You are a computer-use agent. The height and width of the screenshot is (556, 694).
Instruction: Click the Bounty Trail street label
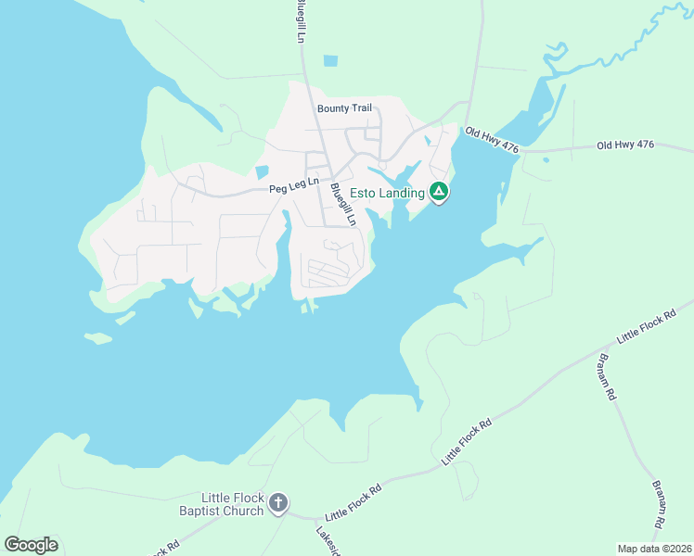pos(344,108)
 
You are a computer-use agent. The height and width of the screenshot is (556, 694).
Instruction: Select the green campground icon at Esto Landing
pos(440,193)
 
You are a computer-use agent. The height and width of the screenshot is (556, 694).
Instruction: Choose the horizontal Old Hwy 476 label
pos(626,145)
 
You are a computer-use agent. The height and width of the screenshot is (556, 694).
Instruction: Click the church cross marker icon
pos(277,504)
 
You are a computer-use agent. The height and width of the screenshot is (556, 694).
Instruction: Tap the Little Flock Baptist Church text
pos(220,504)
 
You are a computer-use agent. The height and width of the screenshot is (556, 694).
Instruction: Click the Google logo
pos(31,544)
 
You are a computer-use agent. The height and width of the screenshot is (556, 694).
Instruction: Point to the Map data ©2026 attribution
pos(653,549)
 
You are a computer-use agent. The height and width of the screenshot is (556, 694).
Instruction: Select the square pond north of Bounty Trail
pos(330,62)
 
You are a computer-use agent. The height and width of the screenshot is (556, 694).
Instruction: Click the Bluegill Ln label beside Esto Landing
pos(343,205)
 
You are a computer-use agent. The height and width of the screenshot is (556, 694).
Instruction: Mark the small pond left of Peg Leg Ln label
pos(262,171)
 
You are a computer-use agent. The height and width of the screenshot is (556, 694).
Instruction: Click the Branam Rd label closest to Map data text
pos(660,504)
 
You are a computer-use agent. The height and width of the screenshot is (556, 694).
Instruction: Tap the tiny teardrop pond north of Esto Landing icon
pos(427,142)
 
